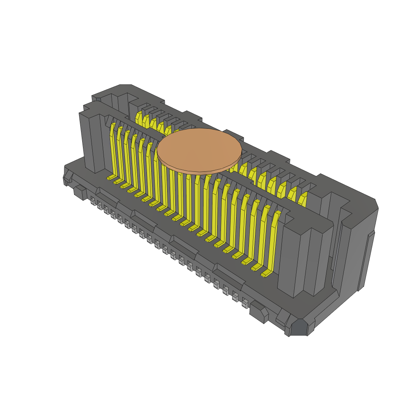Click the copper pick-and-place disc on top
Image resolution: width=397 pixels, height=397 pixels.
[199, 149]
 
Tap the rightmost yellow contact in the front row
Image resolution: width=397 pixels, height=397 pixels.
[274, 240]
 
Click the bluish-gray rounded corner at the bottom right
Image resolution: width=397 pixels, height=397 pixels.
[299, 328]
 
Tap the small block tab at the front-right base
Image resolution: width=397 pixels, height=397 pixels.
[258, 312]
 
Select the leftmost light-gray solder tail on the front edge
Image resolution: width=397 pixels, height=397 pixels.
[93, 201]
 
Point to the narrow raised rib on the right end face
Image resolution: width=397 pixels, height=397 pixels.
[366, 260]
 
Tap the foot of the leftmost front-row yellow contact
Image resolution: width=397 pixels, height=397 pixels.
[111, 178]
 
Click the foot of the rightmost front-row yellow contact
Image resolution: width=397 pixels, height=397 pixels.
[266, 274]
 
